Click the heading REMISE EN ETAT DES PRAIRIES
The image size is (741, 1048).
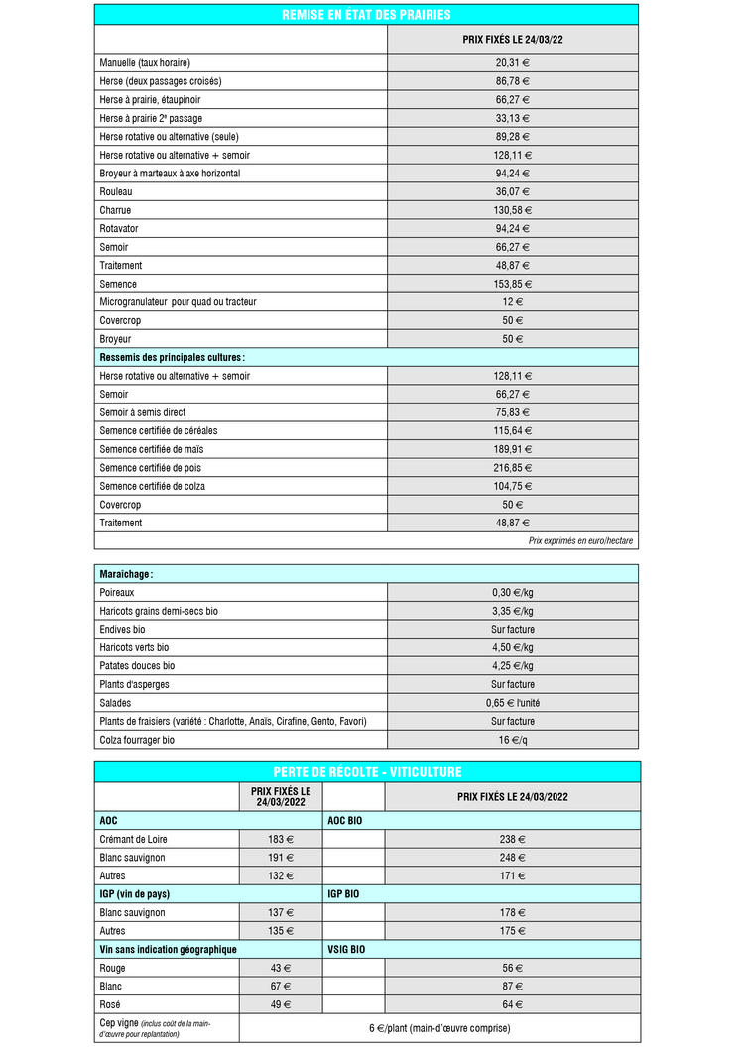coord(366,15)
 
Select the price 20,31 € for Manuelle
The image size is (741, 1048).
coord(512,62)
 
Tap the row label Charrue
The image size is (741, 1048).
coord(115,210)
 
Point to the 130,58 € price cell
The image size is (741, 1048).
coord(512,210)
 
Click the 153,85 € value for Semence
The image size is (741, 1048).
coord(512,284)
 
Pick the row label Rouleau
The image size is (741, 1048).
coord(116,191)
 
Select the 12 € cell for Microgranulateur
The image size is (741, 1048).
coord(512,301)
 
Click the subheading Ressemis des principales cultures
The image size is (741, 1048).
coord(172,357)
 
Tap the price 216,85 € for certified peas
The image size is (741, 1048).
coord(512,467)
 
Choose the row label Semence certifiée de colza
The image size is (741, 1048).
coord(153,486)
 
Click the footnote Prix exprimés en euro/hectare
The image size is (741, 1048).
coord(580,541)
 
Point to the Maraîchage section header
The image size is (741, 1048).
coord(126,574)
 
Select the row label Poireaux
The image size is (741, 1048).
coord(117,592)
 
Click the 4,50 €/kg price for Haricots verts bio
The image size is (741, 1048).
coord(512,647)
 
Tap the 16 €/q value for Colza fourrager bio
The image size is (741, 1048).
coord(512,740)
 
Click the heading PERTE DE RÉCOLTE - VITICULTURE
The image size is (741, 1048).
coord(367,772)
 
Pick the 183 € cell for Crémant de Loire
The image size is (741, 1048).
coord(281,839)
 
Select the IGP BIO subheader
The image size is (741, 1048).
coord(343,893)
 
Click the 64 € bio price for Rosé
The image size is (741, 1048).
coord(512,1003)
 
